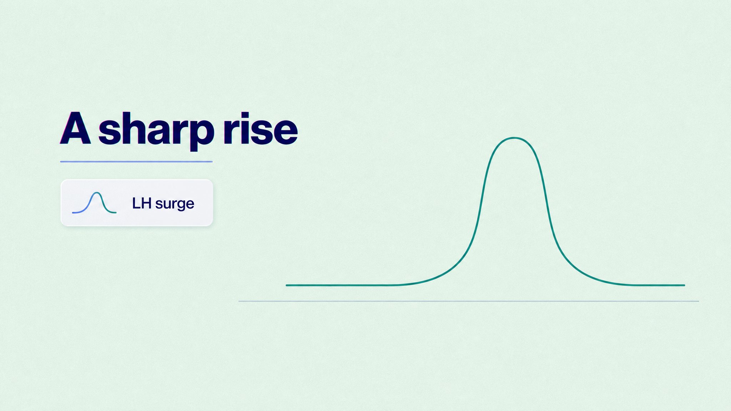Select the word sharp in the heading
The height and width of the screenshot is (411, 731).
156,130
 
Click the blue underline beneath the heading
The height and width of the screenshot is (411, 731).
136,162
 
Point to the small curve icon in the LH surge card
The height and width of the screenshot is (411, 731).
94,203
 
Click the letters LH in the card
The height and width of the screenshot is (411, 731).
142,203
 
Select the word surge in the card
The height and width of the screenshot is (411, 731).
175,204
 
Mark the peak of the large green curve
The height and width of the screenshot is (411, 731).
514,138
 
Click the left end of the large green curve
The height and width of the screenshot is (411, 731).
287,285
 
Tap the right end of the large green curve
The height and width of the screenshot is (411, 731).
684,285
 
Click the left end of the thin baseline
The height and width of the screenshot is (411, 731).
239,301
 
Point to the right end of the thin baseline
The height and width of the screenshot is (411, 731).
699,301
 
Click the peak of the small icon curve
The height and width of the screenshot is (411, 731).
96,193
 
